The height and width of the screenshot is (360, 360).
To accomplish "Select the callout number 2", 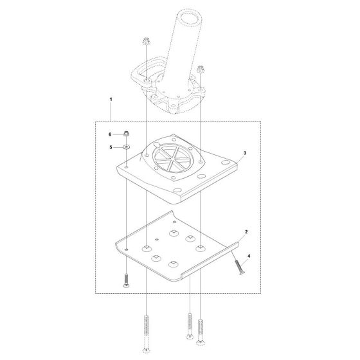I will tap(246, 230).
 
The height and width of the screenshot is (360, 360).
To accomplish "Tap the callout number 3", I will tap(245, 154).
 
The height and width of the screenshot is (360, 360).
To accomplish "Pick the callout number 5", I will tap(110, 147).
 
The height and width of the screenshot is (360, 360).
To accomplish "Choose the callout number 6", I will tap(110, 134).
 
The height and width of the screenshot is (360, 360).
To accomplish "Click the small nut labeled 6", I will tap(127, 134).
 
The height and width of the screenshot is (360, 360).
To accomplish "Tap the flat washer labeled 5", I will tap(127, 148).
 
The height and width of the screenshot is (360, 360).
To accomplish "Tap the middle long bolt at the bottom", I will tap(190, 328).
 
